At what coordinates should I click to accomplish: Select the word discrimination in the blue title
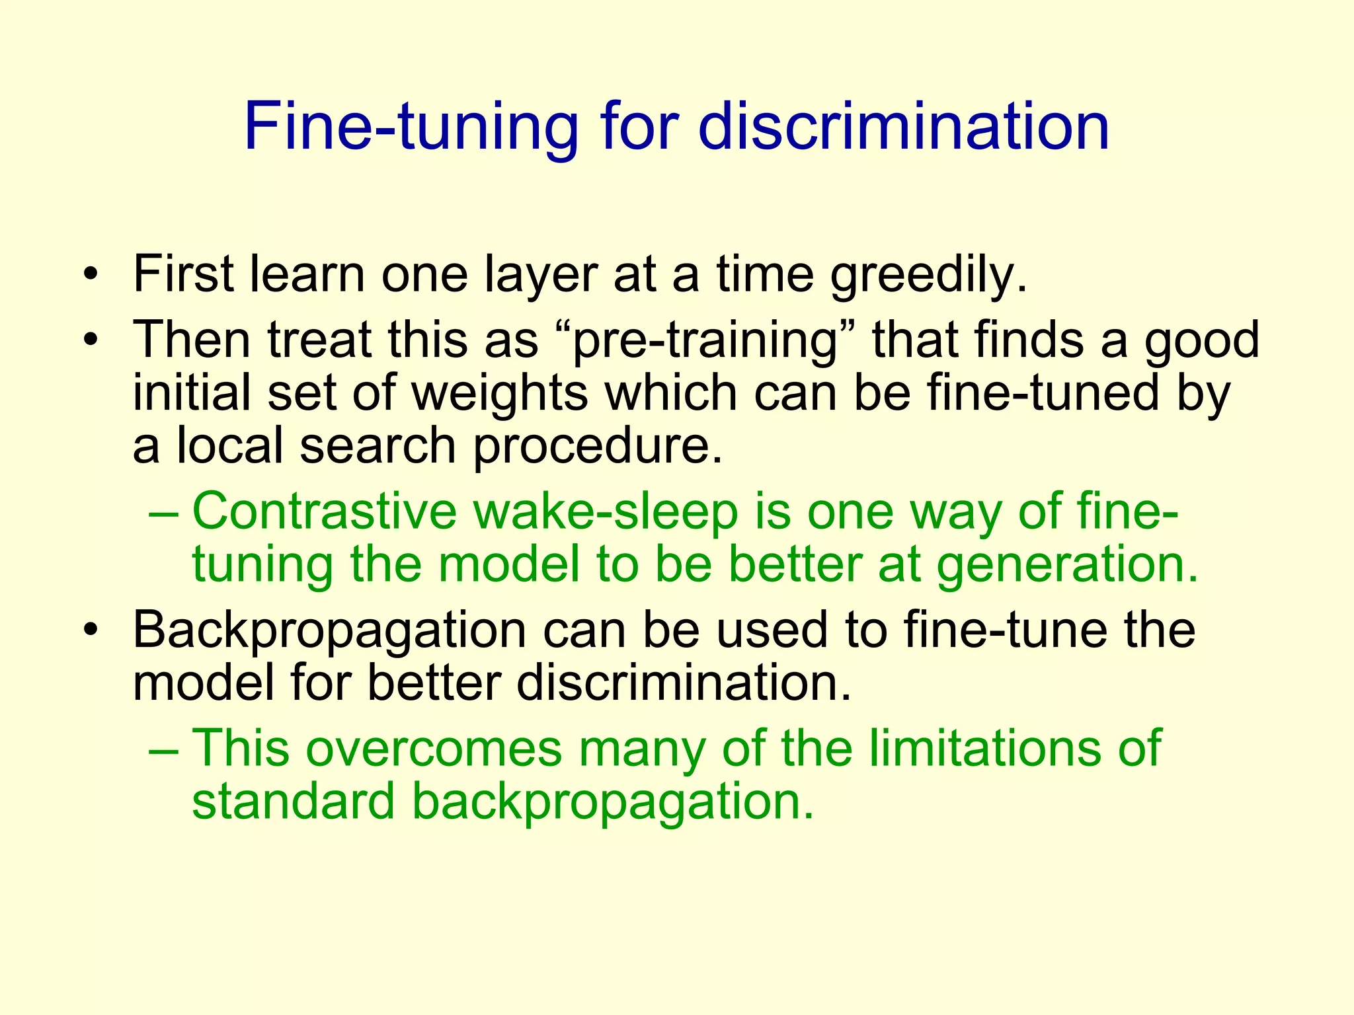click(903, 127)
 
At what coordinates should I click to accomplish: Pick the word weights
click(500, 393)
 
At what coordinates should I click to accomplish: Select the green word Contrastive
click(324, 511)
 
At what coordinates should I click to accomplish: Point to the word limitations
click(985, 749)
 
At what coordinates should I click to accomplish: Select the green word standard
click(294, 801)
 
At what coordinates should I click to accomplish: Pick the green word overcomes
click(433, 749)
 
